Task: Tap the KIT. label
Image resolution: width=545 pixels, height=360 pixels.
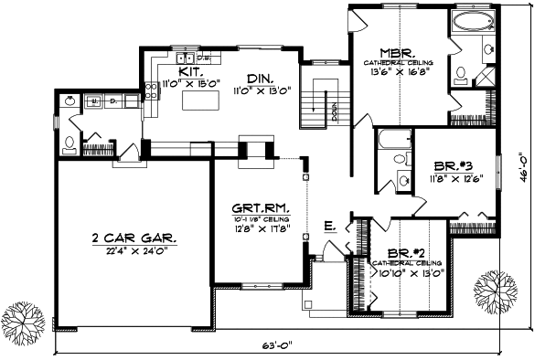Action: [191, 70]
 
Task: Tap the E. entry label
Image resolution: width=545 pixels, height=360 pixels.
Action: [327, 225]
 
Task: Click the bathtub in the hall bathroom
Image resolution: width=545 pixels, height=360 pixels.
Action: [394, 140]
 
